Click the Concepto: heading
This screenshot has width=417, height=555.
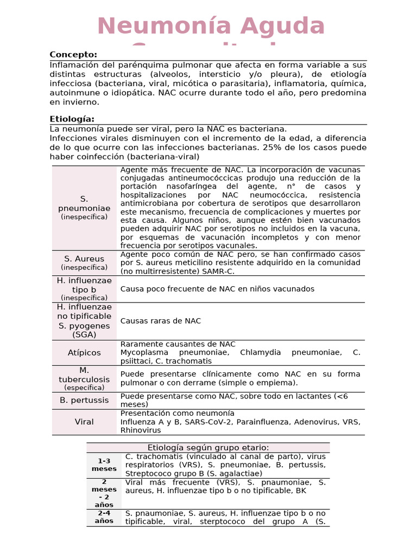[x=73, y=55]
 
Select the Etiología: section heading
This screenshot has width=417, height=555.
[x=72, y=119]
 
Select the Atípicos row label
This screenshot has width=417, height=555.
[x=84, y=353]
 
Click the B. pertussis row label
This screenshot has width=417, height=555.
[x=84, y=401]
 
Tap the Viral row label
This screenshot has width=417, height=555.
[x=84, y=422]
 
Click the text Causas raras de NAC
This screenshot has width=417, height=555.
[x=160, y=321]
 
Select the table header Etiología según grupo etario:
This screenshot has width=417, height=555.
[x=208, y=448]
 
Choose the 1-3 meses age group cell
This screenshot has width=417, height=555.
[x=104, y=465]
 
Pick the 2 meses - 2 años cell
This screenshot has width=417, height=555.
[x=104, y=493]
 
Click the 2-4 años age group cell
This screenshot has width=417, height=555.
[x=104, y=517]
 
